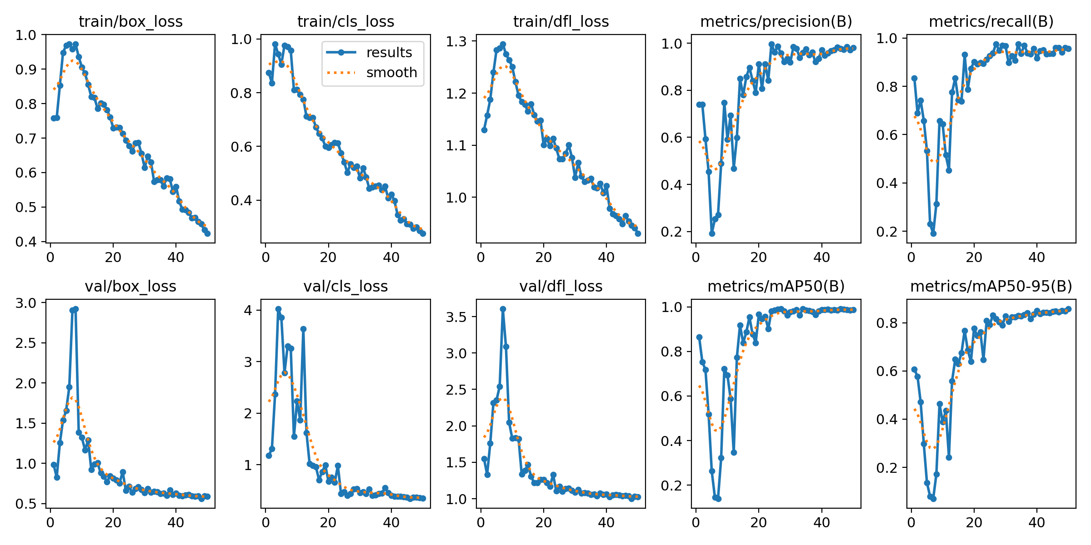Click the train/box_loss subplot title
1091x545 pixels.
pyautogui.click(x=130, y=21)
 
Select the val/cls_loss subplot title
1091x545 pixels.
pyautogui.click(x=345, y=286)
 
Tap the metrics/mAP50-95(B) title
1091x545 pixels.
pyautogui.click(x=991, y=286)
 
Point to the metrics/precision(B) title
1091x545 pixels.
pyautogui.click(x=776, y=21)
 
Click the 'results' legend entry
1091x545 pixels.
pyautogui.click(x=389, y=53)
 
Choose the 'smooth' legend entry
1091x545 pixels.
pyautogui.click(x=391, y=73)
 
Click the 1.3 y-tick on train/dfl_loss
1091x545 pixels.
pyautogui.click(x=455, y=41)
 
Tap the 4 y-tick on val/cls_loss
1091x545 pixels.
pyautogui.click(x=248, y=310)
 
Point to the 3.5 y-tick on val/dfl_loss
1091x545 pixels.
pyautogui.click(x=455, y=317)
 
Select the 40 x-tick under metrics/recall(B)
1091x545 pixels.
pyautogui.click(x=1037, y=258)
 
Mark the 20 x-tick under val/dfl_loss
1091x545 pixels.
pyautogui.click(x=544, y=522)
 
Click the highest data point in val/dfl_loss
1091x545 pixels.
pyautogui.click(x=503, y=309)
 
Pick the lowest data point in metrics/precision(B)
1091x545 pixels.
pyautogui.click(x=712, y=233)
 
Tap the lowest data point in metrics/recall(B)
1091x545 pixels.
pyautogui.click(x=933, y=233)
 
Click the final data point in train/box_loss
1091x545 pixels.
pyautogui.click(x=207, y=233)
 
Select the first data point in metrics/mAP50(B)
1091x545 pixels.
pyautogui.click(x=699, y=337)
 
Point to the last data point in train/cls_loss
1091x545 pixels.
pyautogui.click(x=423, y=233)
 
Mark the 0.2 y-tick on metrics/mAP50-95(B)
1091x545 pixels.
pyautogui.click(x=886, y=467)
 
